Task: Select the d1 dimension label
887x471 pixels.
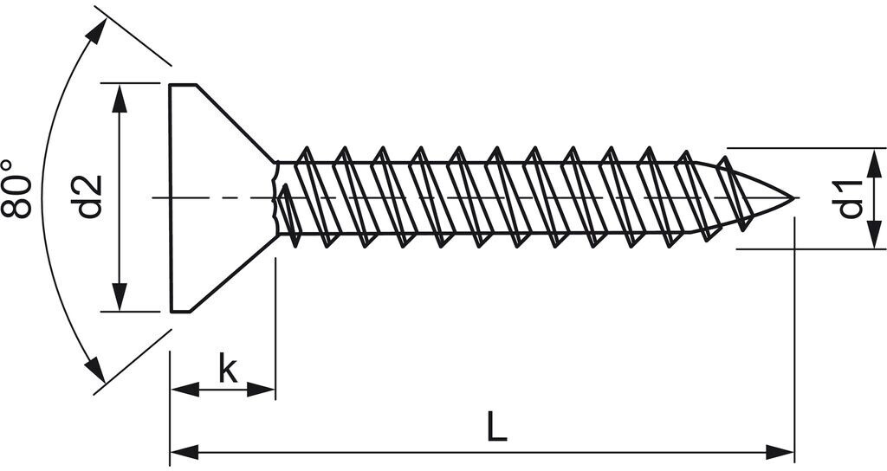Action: click(x=851, y=197)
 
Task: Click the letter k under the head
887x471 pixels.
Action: click(x=227, y=369)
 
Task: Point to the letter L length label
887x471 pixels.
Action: click(x=495, y=427)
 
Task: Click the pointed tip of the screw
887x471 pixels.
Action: click(x=792, y=198)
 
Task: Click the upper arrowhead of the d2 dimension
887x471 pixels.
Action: click(x=120, y=97)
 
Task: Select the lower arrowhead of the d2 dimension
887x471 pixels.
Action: click(x=120, y=297)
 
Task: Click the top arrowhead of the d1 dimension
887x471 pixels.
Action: click(x=875, y=160)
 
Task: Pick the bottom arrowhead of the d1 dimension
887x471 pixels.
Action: click(x=875, y=236)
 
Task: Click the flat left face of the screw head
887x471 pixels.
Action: click(x=171, y=197)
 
